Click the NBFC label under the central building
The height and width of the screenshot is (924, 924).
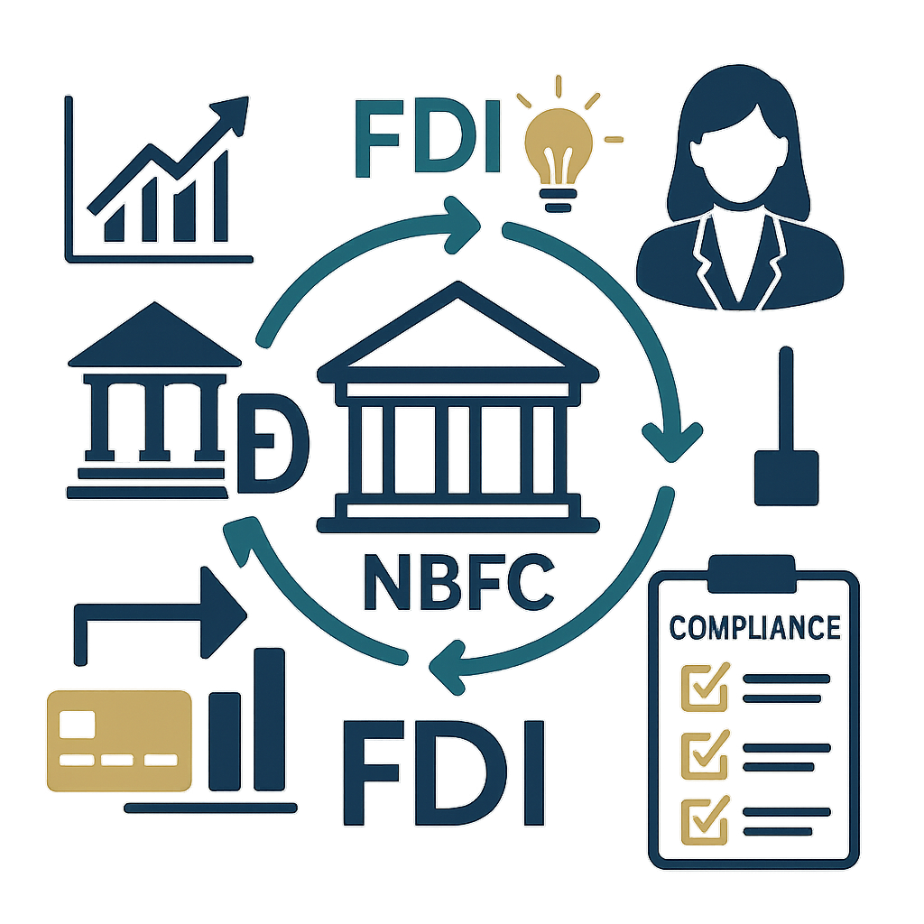(x=457, y=583)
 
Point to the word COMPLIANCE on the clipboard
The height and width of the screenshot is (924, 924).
(x=754, y=626)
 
